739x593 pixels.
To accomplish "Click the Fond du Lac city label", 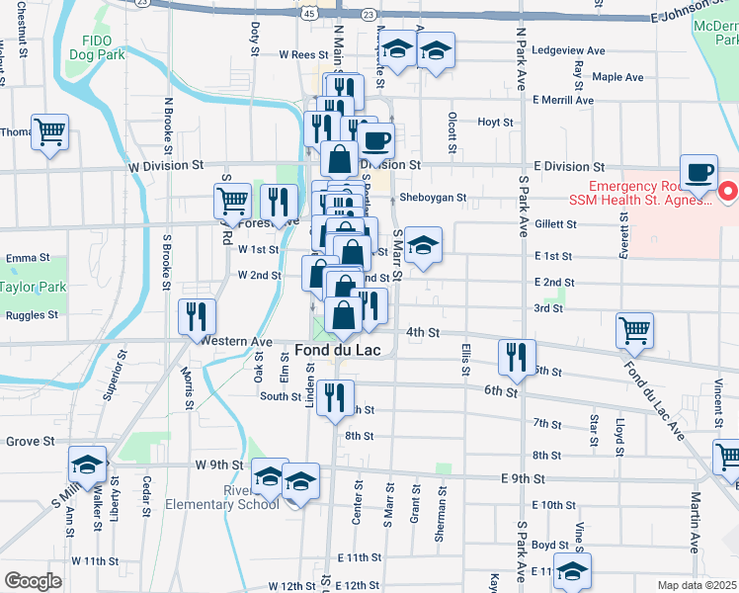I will pos(341,349).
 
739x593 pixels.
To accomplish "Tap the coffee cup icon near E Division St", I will pos(698,170).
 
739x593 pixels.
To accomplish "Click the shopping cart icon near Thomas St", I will pos(49,131).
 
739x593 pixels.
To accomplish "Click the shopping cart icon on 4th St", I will pos(634,330).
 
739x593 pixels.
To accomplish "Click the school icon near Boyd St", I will pos(572,570).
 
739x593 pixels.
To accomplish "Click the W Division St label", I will pos(165,166).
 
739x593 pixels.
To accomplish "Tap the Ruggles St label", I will pos(32,316).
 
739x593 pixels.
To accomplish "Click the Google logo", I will pos(34,581).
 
